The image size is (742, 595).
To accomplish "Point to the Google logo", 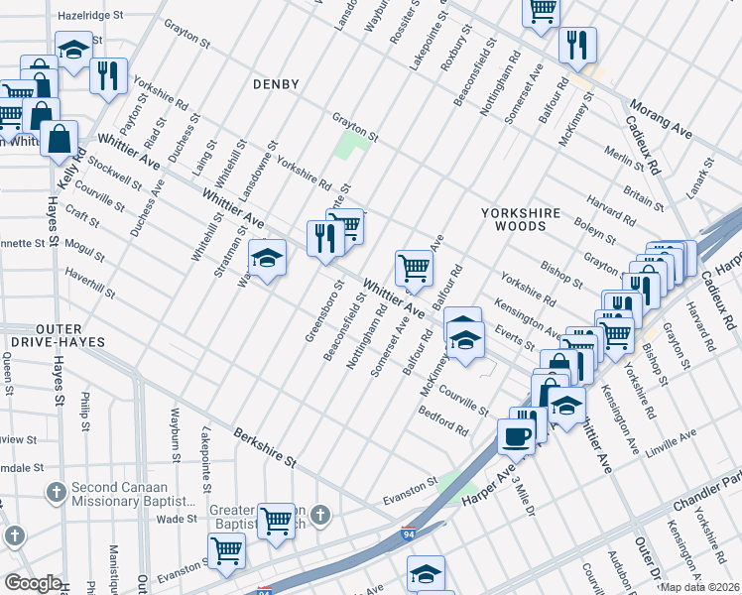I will (33, 583).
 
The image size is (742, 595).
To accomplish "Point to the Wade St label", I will (177, 519).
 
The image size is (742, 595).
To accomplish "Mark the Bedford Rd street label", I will (442, 421).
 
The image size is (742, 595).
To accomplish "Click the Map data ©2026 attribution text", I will (699, 587).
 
